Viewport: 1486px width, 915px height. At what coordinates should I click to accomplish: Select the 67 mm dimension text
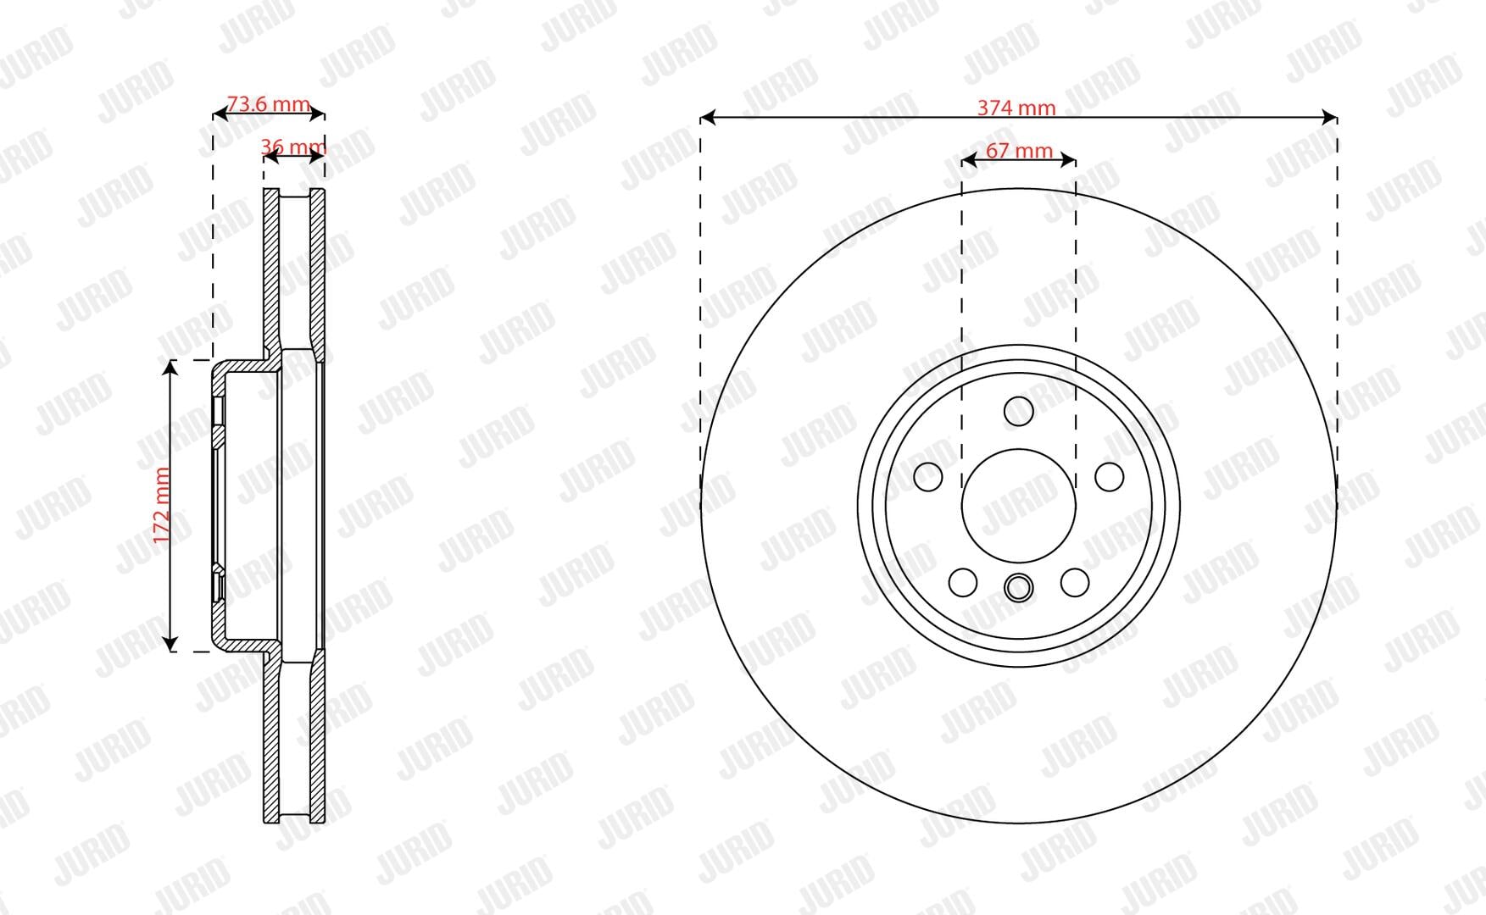pos(1019,151)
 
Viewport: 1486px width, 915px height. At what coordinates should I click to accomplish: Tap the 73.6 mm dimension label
pos(269,103)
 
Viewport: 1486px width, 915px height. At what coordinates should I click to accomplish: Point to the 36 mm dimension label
pos(293,147)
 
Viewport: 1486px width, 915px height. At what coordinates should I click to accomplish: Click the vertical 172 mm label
pos(163,505)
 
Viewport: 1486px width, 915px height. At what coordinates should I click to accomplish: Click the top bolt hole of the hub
pos(1018,412)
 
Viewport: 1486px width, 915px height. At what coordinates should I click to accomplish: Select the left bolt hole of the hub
pos(928,476)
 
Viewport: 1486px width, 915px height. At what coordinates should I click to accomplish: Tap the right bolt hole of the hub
pos(1109,476)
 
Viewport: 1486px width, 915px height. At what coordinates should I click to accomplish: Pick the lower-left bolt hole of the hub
pos(963,582)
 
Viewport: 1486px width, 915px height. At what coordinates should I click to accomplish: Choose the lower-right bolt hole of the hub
pos(1075,582)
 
